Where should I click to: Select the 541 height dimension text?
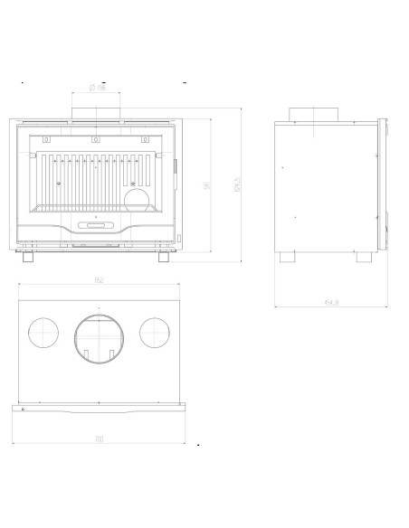pyautogui.click(x=208, y=186)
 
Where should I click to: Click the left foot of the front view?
pyautogui.click(x=29, y=257)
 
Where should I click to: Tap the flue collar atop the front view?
pyautogui.click(x=97, y=112)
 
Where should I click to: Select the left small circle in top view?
pyautogui.click(x=42, y=332)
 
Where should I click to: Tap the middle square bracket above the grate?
pyautogui.click(x=97, y=139)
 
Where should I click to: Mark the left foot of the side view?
pyautogui.click(x=289, y=257)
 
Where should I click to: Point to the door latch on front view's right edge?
pyautogui.click(x=175, y=166)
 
